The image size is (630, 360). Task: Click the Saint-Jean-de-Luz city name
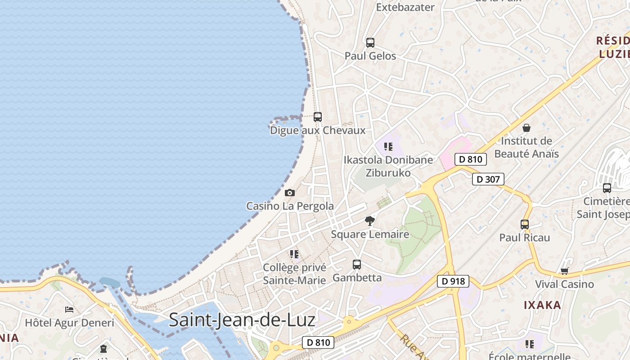242,320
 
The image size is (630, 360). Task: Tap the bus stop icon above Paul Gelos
370,43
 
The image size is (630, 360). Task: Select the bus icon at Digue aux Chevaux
318,117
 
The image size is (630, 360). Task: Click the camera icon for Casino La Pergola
290,193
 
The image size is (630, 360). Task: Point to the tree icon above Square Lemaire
370,221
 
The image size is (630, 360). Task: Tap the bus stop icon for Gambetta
357,265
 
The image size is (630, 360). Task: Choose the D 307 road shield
488,179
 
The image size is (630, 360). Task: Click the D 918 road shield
453,281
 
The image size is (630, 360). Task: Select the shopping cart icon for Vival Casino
564,271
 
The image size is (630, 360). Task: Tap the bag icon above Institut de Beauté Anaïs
526,128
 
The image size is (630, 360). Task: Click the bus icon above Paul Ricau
525,224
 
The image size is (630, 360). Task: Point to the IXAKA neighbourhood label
542,305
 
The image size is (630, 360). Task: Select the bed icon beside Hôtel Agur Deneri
69,310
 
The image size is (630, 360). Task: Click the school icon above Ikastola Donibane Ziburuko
388,147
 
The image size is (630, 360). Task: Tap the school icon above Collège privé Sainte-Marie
294,254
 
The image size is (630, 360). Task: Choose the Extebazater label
405,7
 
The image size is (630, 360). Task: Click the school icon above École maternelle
530,344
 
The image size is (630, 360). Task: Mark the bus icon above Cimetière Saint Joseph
607,188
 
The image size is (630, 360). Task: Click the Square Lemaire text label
370,234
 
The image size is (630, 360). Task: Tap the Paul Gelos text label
370,56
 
